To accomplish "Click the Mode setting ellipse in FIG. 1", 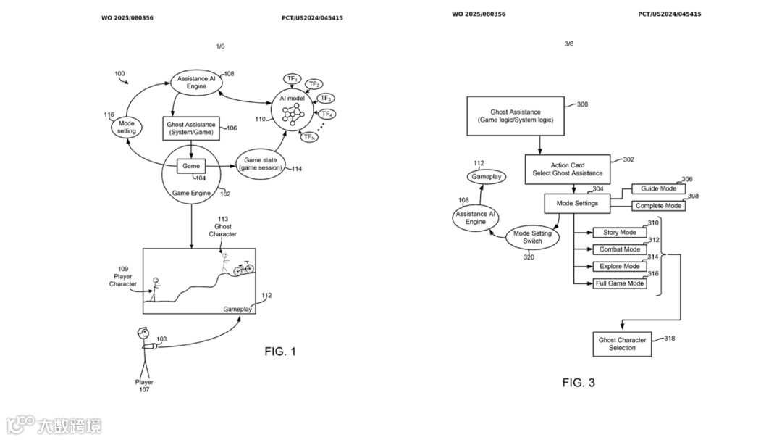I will coord(127,128).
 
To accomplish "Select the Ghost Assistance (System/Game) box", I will coord(191,128).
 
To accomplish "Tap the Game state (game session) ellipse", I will coord(263,165).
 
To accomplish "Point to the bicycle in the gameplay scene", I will coord(244,268).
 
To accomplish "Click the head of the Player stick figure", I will coord(143,334).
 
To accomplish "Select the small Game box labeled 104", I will coord(191,166).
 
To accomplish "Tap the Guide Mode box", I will coord(658,188).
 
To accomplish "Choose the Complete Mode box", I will coord(658,206).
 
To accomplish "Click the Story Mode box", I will coord(619,233).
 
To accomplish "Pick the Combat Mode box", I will coord(619,249).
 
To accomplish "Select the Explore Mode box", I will coord(619,267).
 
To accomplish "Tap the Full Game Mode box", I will coord(619,283).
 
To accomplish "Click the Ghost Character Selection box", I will coord(622,344).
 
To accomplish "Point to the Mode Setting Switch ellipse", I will coord(532,237).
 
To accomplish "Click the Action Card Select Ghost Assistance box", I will coord(568,169).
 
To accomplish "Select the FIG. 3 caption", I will coord(579,383).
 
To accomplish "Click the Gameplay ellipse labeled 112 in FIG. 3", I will coord(487,176).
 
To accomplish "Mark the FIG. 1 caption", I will coord(280,352).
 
